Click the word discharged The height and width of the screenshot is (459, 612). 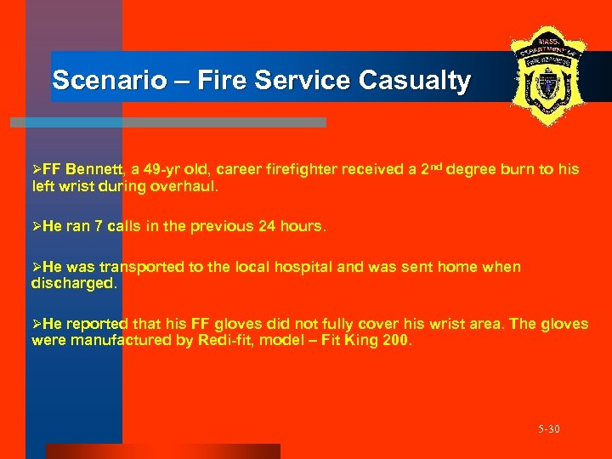(74, 284)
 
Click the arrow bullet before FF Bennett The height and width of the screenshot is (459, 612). (36, 169)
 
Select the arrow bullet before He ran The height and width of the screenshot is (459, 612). (36, 227)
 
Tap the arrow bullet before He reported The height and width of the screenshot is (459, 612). (36, 324)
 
